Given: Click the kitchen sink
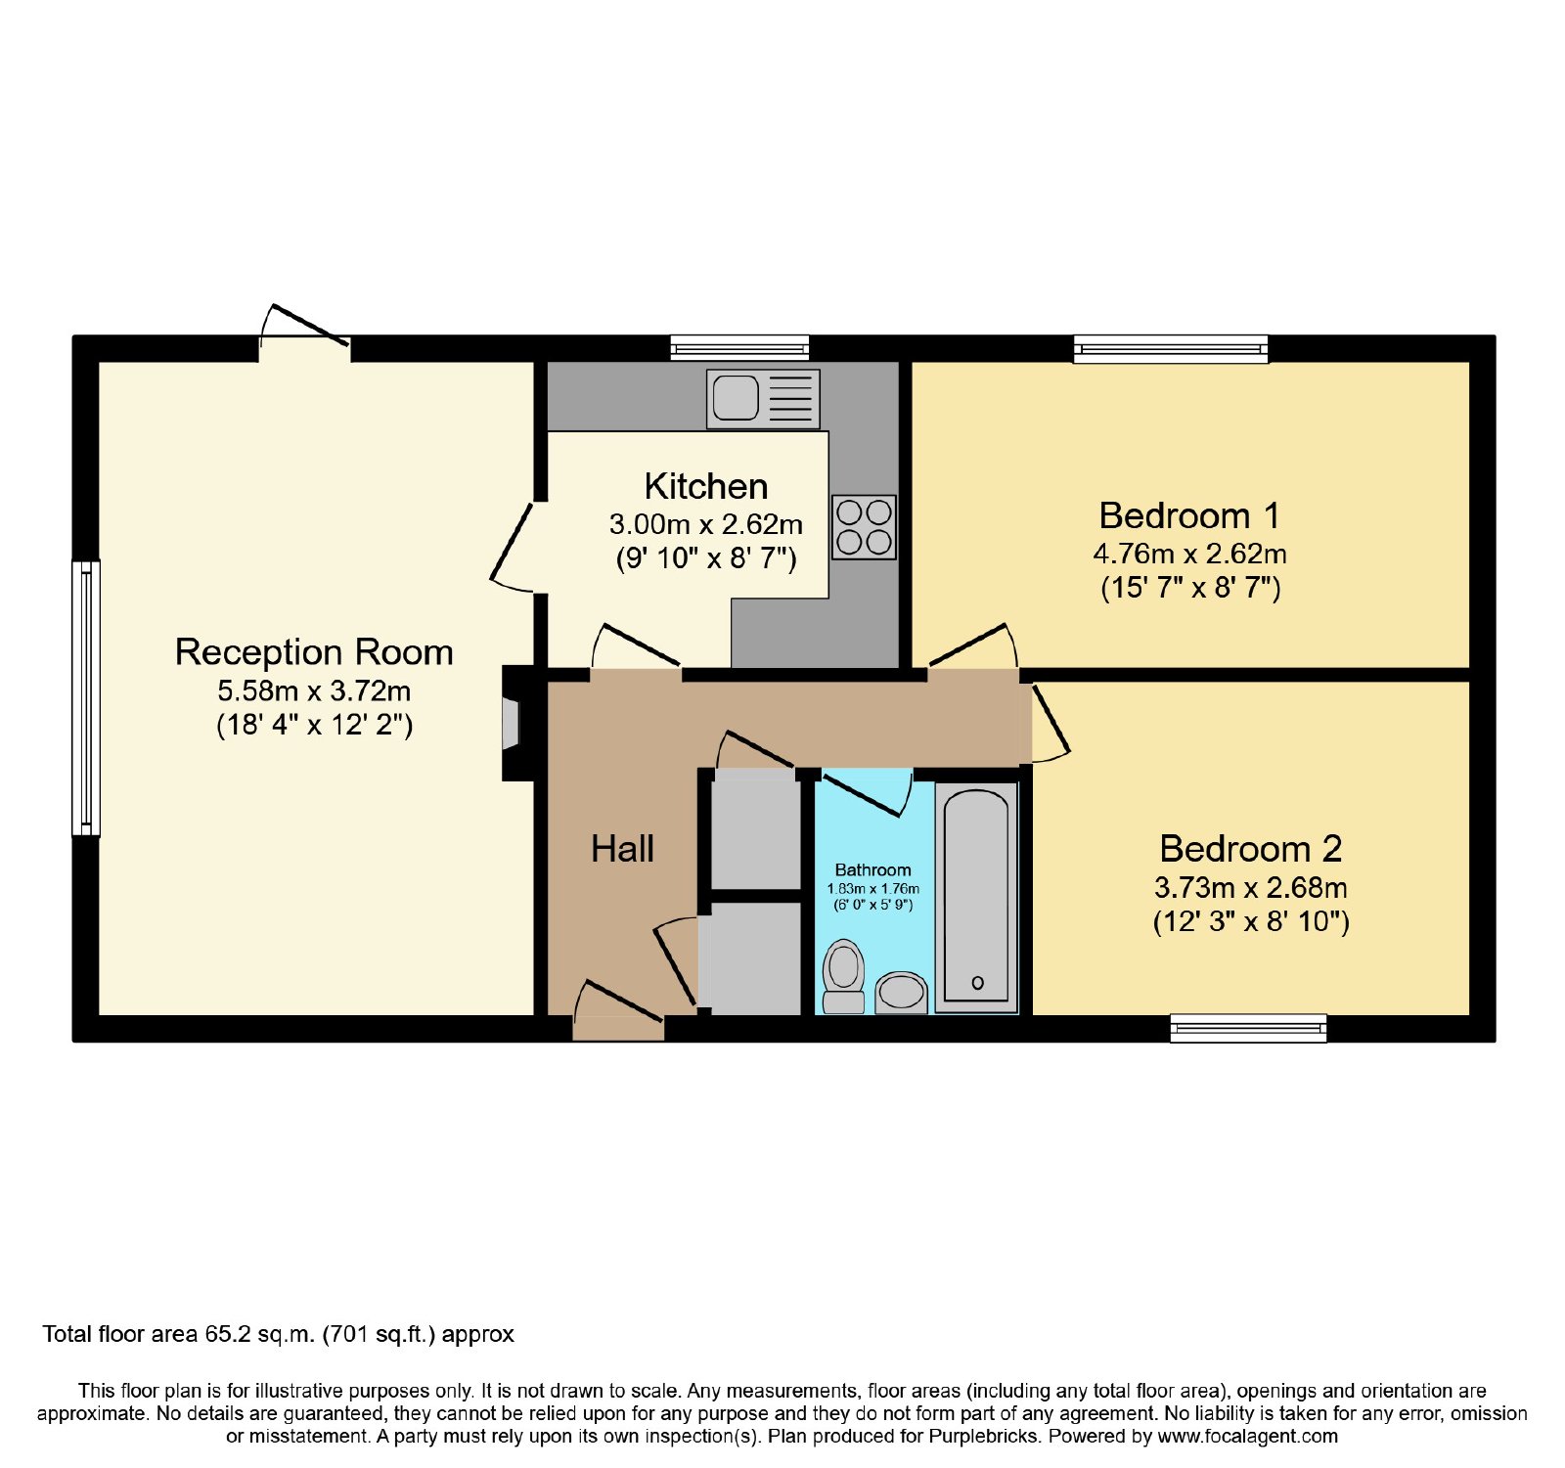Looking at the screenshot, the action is [763, 398].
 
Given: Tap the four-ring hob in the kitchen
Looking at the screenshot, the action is [864, 526].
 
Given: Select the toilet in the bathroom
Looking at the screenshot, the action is [843, 976].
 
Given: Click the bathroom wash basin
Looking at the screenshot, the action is [901, 992].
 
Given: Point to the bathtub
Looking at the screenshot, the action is [976, 897].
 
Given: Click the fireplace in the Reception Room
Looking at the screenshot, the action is [511, 723].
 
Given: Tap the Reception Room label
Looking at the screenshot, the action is [314, 652].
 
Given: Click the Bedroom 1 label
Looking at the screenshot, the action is [1189, 515].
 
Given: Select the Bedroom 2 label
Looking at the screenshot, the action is [1251, 848].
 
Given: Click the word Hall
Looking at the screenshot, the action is [622, 849].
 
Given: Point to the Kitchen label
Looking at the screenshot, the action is [706, 486].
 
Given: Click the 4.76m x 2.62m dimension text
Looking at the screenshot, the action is [1189, 555].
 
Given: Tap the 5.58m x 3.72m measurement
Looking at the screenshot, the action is [314, 691].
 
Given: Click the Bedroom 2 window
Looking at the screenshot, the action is [1248, 1028].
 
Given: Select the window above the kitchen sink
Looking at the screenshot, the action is [739, 347].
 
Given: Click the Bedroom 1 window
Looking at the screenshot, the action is [1171, 348].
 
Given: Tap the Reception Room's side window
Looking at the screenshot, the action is [86, 698].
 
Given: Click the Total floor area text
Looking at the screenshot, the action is [278, 1334].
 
